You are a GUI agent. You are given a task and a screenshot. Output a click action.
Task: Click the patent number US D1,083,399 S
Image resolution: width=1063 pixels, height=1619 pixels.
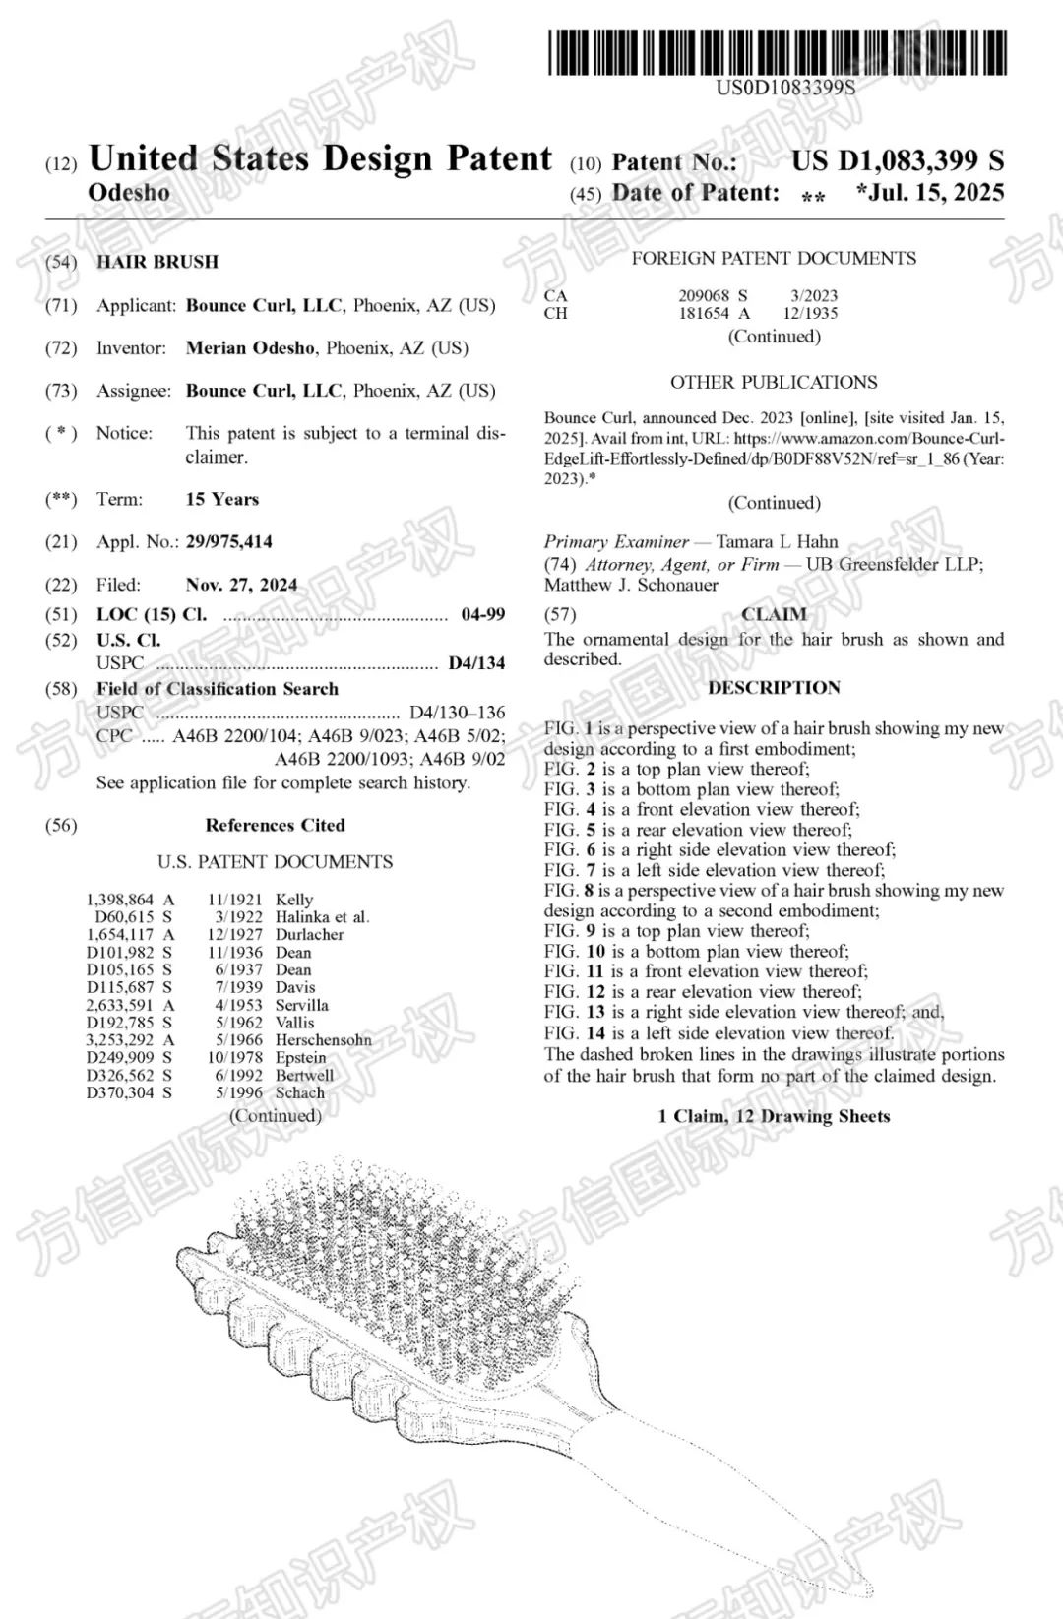[898, 160]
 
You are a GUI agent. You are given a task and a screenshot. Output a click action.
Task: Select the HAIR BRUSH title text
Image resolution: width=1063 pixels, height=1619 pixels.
[157, 262]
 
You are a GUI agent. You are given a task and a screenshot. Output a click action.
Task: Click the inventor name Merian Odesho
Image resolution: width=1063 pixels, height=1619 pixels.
[251, 348]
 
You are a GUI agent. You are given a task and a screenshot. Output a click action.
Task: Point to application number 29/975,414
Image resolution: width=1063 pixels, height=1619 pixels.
[228, 542]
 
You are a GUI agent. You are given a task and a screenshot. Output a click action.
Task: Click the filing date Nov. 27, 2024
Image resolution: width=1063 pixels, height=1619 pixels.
[241, 585]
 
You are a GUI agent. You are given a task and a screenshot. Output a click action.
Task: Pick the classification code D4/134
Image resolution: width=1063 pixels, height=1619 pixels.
[476, 663]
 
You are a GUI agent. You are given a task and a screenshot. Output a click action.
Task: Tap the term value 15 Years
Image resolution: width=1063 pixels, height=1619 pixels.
[221, 500]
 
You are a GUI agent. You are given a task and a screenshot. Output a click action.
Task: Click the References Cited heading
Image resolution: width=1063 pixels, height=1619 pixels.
[275, 826]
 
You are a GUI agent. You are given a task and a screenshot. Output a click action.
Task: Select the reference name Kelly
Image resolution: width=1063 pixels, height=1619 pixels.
[294, 900]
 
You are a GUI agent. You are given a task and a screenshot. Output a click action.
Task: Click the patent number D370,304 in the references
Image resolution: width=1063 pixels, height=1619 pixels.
[120, 1092]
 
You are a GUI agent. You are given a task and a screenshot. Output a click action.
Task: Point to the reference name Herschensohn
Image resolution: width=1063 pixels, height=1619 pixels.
[324, 1040]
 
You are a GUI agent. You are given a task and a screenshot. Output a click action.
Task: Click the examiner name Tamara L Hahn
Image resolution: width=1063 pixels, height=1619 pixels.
[777, 542]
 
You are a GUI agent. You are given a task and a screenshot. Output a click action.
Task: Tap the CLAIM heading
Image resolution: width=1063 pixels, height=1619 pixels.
[774, 615]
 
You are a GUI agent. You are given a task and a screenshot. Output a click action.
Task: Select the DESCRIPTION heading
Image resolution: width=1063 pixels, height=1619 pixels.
[774, 688]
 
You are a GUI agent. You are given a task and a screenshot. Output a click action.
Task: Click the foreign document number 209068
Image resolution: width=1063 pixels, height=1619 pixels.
[704, 295]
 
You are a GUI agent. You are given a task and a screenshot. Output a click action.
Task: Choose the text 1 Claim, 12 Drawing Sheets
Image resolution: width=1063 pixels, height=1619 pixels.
[774, 1117]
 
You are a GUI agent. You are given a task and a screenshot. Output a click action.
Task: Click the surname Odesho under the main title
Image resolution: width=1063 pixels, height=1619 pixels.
[129, 192]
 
